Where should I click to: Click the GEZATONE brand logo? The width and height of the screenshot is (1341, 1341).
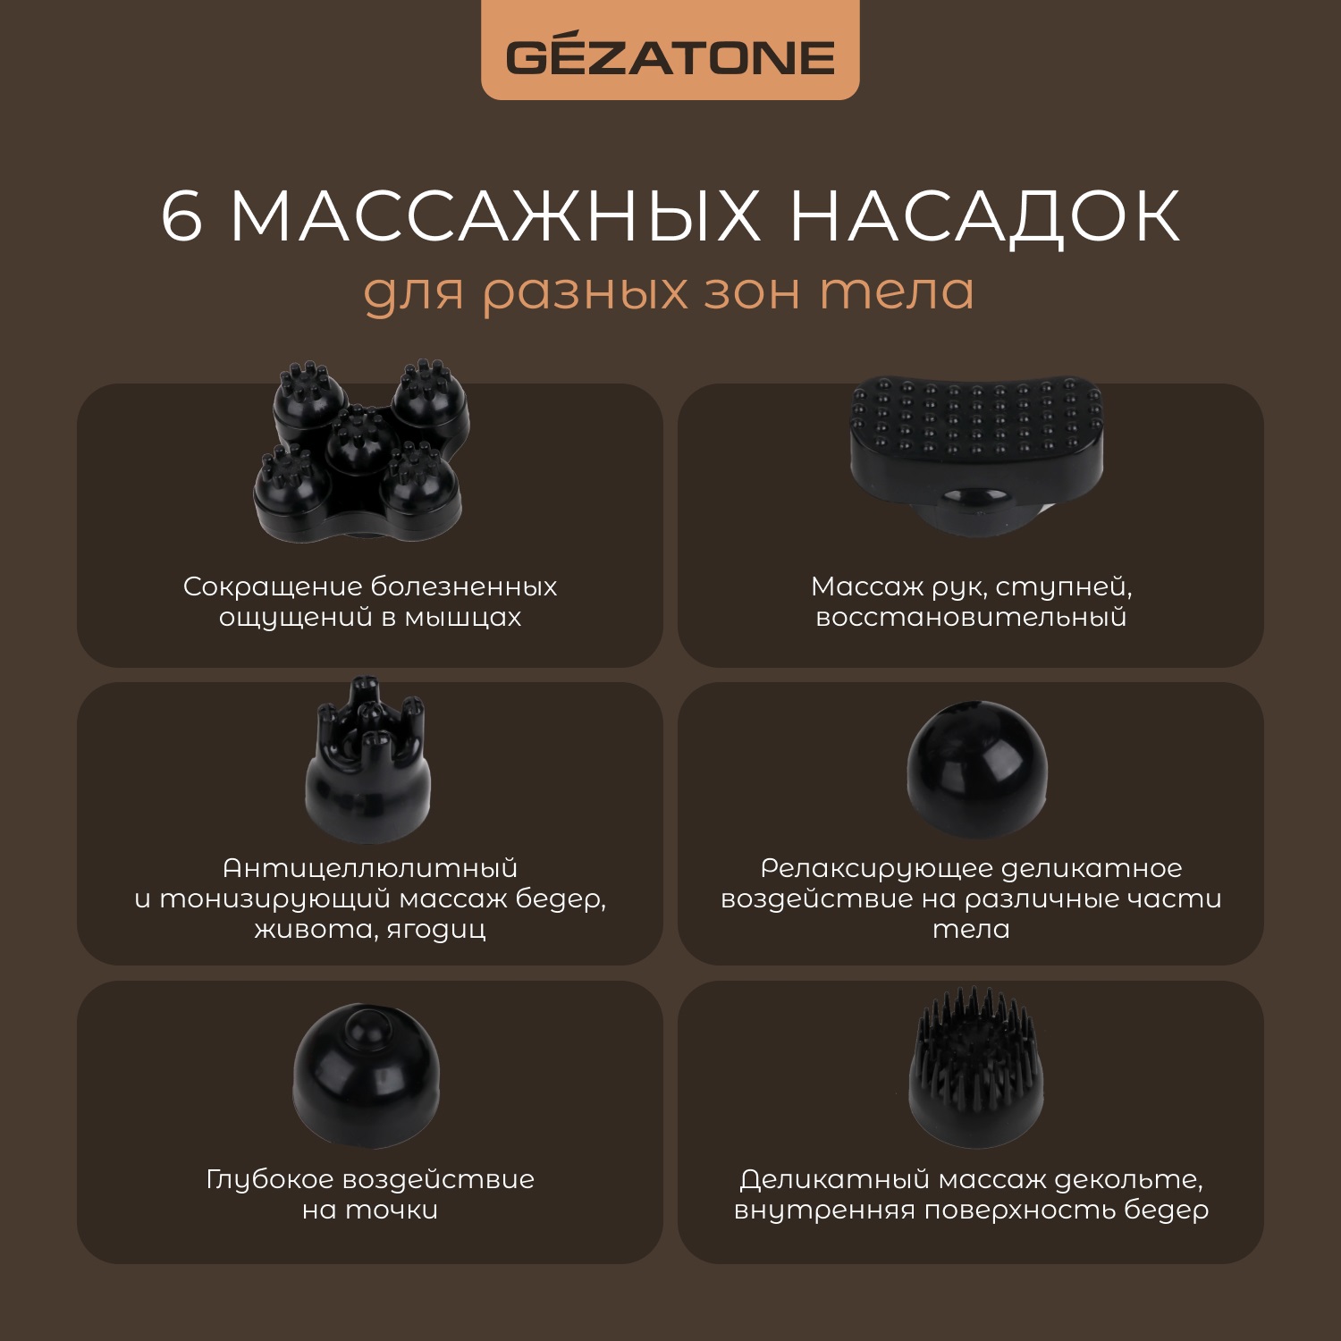click(x=670, y=57)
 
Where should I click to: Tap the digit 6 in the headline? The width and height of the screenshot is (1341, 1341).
click(x=182, y=216)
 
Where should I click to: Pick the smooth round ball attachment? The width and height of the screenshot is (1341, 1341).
click(x=976, y=769)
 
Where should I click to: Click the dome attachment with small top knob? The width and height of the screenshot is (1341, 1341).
click(x=367, y=1077)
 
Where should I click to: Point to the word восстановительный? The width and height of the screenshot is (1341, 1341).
click(x=971, y=618)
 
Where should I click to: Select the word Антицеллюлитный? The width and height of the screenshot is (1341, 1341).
click(x=370, y=868)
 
